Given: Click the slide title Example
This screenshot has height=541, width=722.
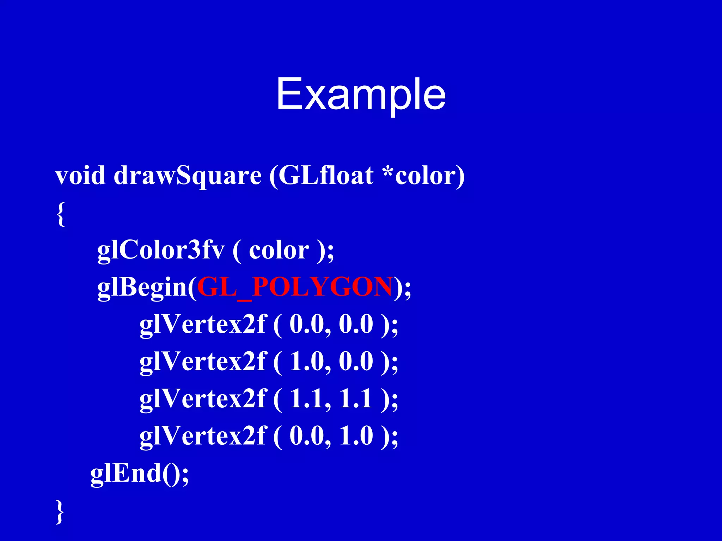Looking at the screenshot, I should click(x=361, y=95).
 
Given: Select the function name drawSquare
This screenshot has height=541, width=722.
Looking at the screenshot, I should click(x=188, y=176).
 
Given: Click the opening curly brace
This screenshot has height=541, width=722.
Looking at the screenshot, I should click(x=61, y=214).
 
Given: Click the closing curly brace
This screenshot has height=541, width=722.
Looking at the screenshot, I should click(x=60, y=511).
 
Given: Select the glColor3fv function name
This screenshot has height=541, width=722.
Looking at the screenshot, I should click(x=161, y=250).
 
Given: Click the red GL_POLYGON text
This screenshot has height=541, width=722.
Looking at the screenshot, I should click(x=295, y=287).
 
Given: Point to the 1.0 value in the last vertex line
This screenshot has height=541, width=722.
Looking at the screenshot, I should click(x=356, y=436).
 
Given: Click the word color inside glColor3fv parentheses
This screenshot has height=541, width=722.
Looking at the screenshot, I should click(x=279, y=250).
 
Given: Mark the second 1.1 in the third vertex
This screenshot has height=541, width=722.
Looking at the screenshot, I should click(x=356, y=399).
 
